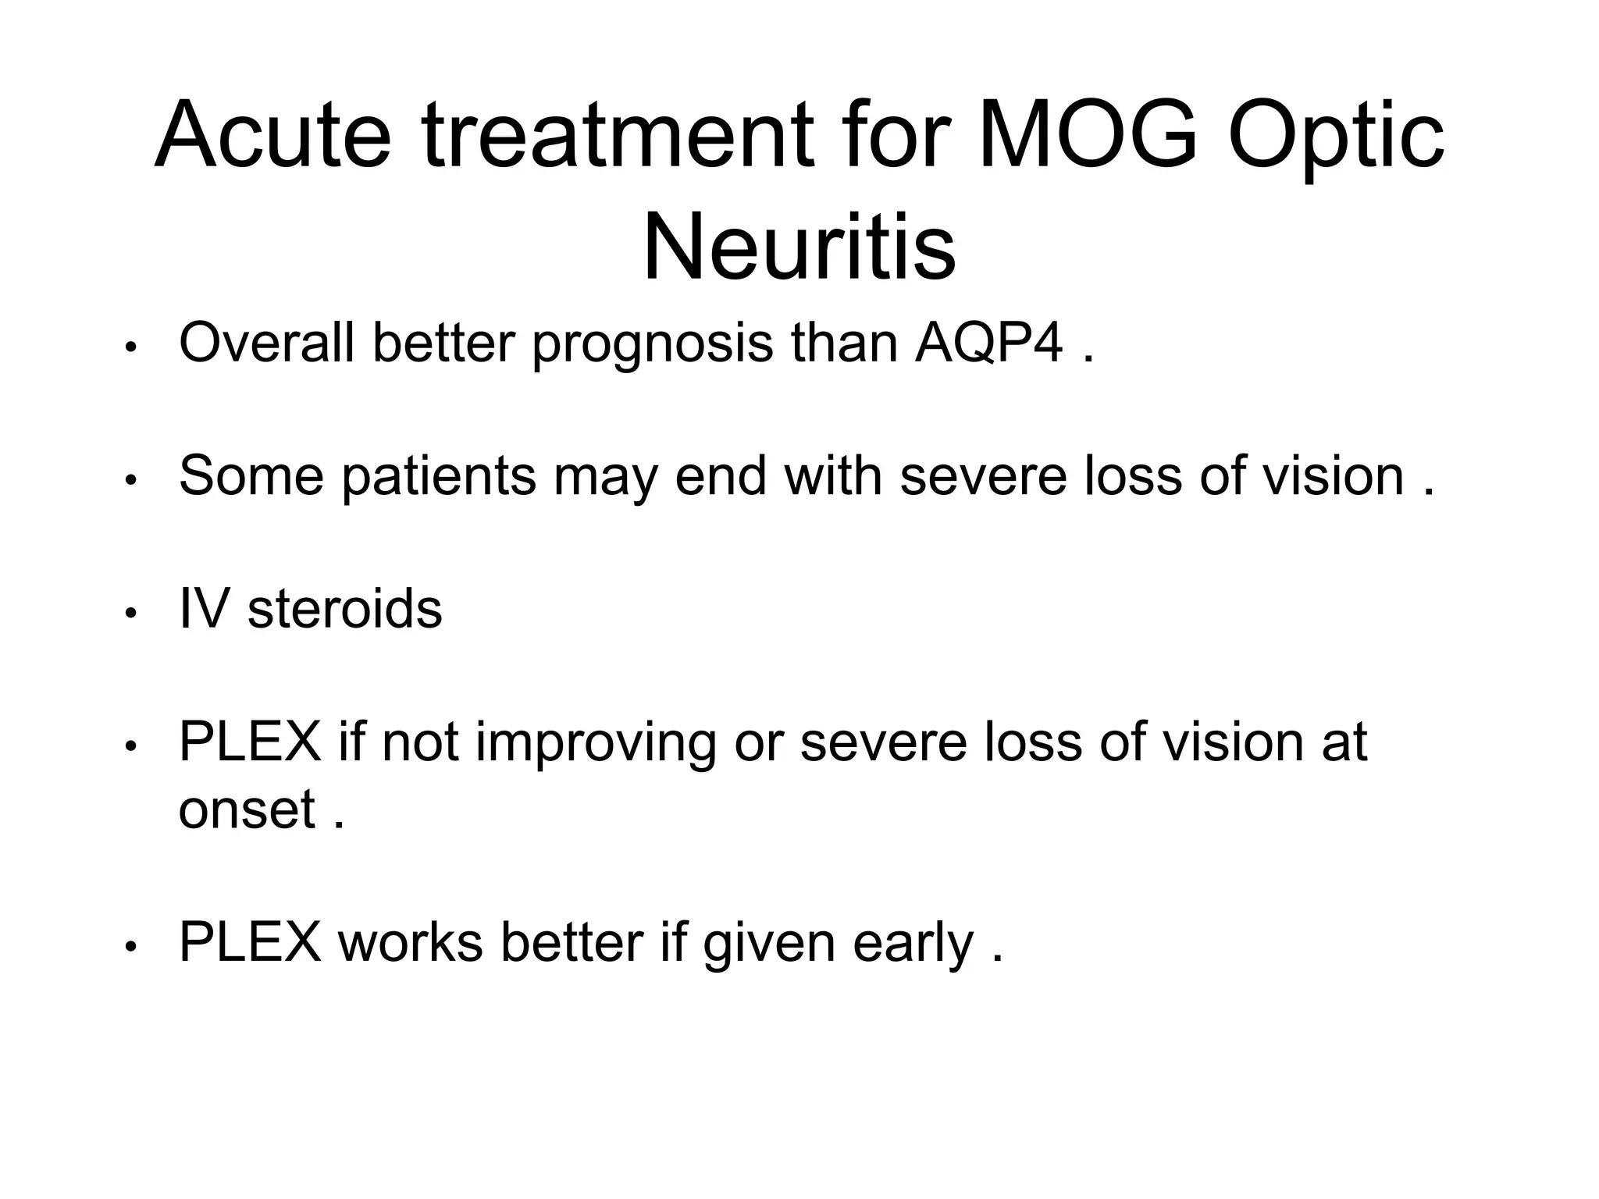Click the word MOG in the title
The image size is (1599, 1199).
tap(1088, 134)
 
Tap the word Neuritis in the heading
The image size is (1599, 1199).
tap(799, 247)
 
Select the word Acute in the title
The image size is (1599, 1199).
tap(272, 134)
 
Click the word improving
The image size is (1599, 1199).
tap(596, 744)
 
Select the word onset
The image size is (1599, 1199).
tap(247, 809)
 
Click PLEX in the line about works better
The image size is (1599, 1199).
tap(250, 942)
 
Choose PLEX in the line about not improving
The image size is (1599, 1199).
tap(250, 742)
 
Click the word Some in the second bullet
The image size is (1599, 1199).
tap(251, 475)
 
